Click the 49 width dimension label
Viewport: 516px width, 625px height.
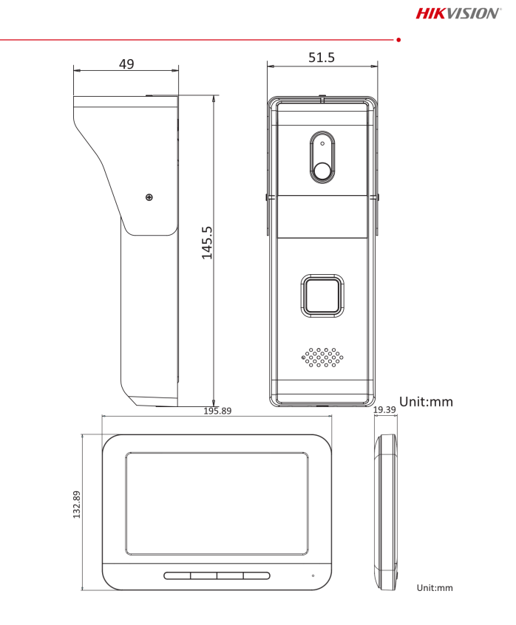click(126, 64)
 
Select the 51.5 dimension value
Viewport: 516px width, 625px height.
click(322, 58)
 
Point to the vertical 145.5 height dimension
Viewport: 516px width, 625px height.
click(208, 242)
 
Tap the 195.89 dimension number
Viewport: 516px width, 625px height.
click(217, 411)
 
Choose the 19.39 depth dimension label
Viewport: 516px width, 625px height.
click(384, 409)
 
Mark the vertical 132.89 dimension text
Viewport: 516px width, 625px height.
click(76, 505)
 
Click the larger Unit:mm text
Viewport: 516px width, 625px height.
click(426, 402)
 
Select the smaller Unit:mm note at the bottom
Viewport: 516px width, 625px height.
click(434, 588)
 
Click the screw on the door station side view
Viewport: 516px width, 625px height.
click(149, 197)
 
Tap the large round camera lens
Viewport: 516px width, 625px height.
click(322, 170)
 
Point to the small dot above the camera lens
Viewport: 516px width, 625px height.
click(322, 144)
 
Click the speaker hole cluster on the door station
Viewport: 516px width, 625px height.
click(322, 358)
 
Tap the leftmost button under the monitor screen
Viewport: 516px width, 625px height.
click(177, 576)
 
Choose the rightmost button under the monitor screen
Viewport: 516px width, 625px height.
click(257, 576)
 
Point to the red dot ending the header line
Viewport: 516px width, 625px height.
click(398, 38)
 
